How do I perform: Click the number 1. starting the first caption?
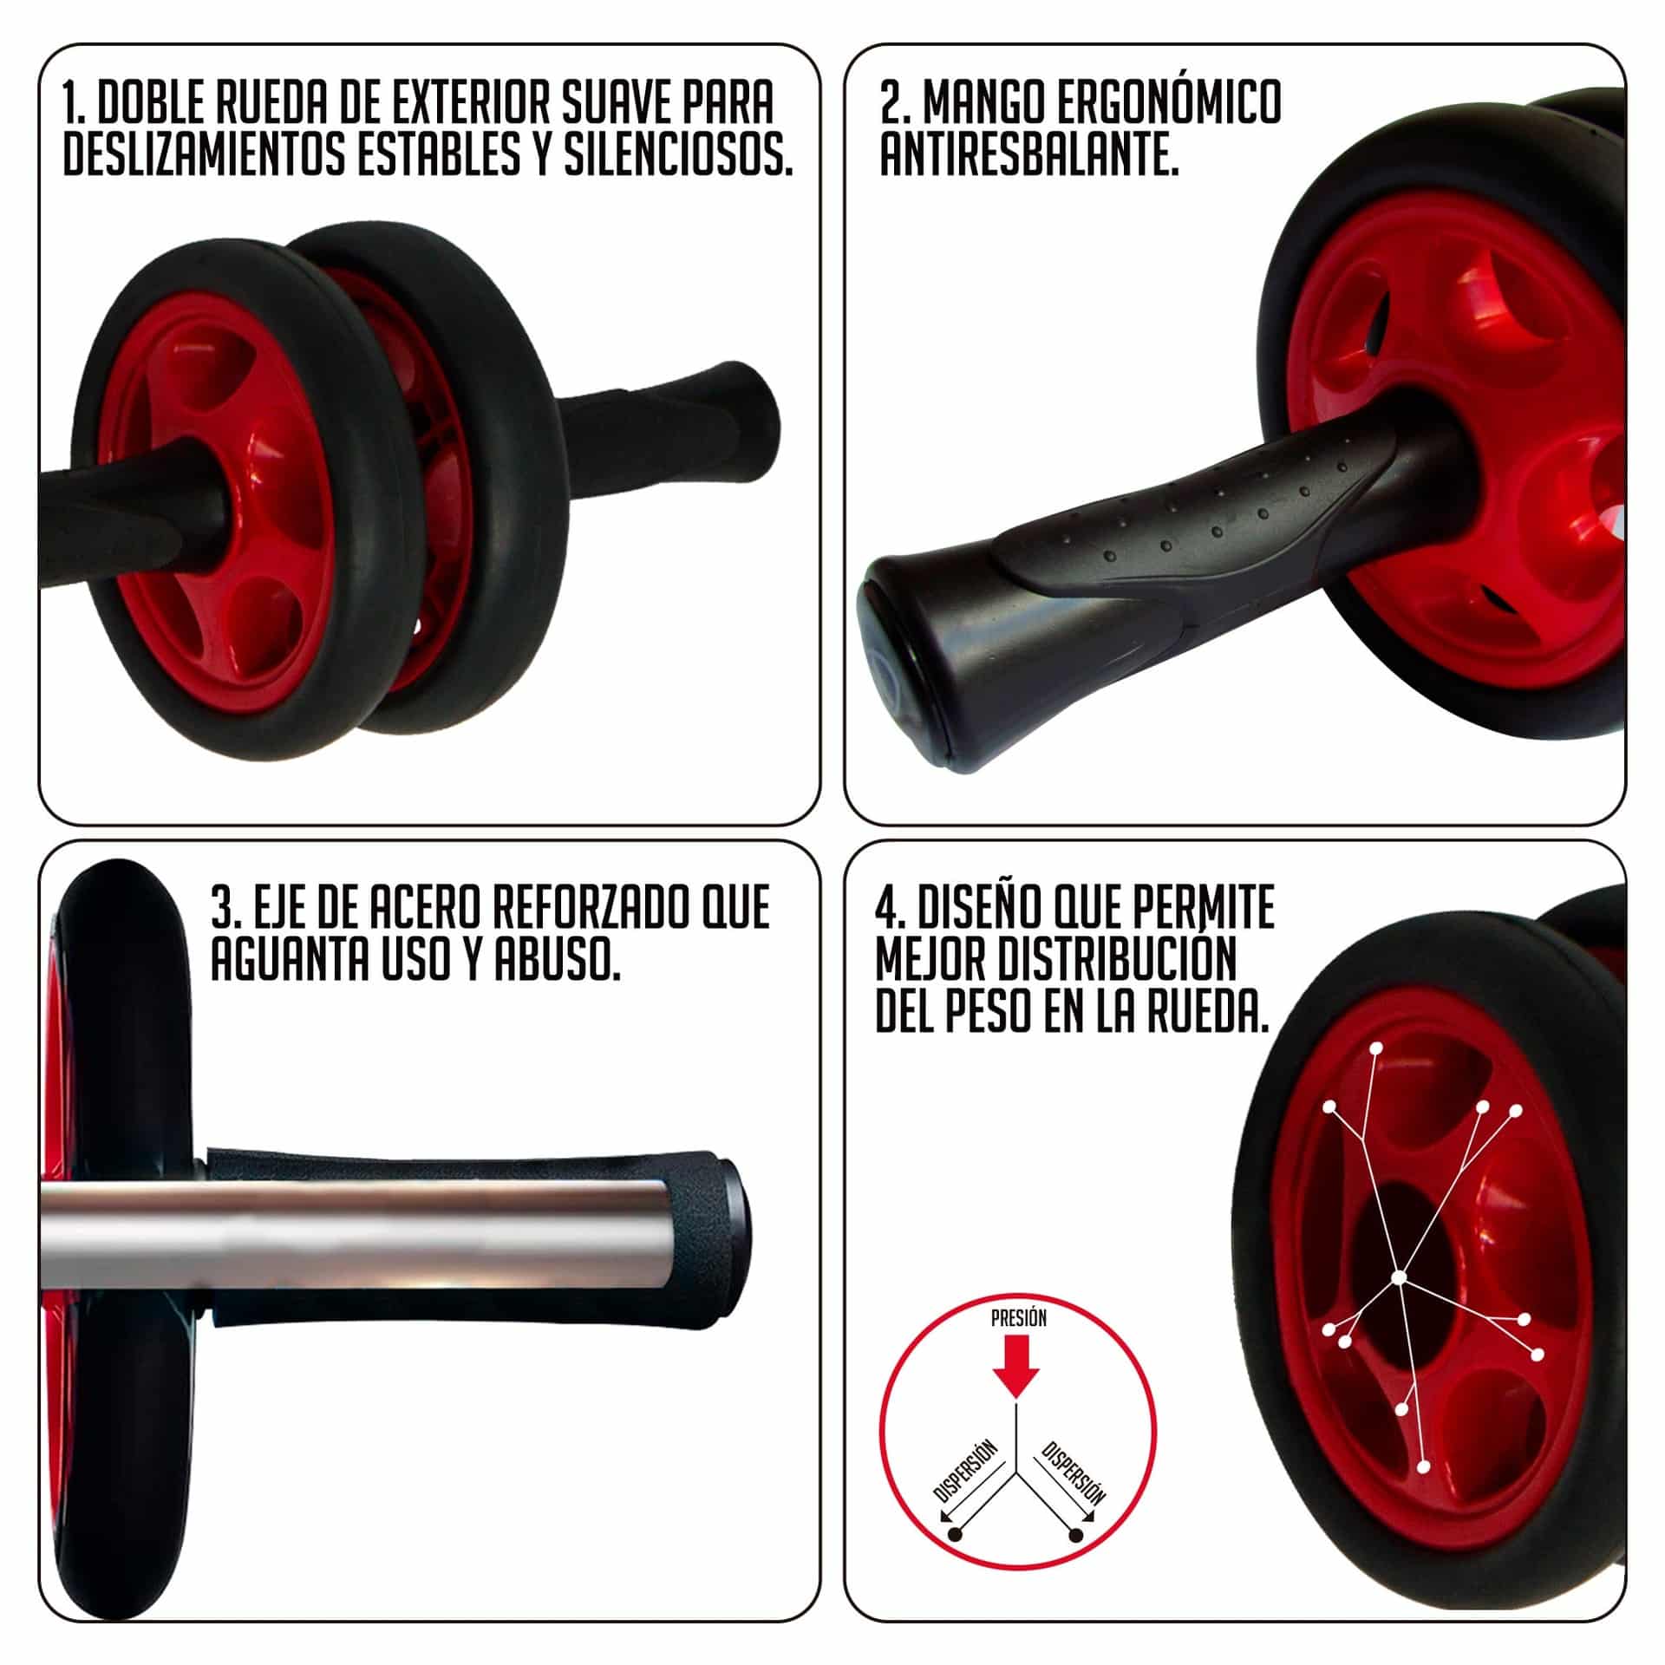75,103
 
